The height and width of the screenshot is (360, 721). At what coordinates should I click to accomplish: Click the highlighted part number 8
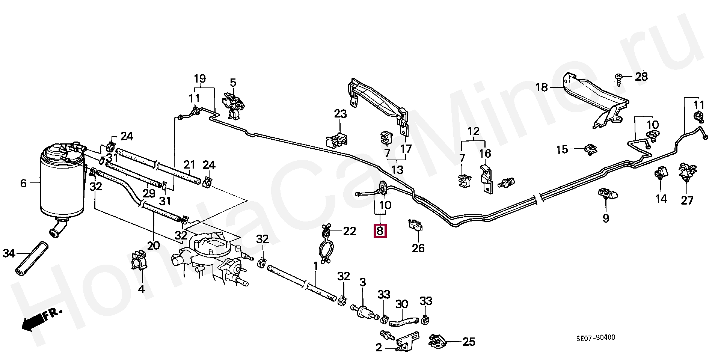(380, 230)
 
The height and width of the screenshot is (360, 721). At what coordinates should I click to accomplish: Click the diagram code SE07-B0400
(596, 337)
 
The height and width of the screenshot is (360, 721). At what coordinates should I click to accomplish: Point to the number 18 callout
(542, 88)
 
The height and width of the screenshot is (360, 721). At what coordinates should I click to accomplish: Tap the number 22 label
(349, 231)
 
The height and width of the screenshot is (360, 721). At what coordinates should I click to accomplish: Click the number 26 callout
(418, 248)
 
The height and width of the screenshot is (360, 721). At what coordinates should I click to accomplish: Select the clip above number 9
(607, 194)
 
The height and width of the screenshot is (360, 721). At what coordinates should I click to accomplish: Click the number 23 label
(341, 114)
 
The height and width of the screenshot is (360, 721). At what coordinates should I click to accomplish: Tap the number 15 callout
(562, 150)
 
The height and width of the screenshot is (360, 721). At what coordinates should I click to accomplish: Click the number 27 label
(687, 200)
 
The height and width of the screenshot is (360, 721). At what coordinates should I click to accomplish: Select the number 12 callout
(474, 131)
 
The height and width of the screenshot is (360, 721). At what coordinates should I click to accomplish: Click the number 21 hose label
(189, 164)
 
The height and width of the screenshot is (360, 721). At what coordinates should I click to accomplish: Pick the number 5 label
(233, 82)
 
